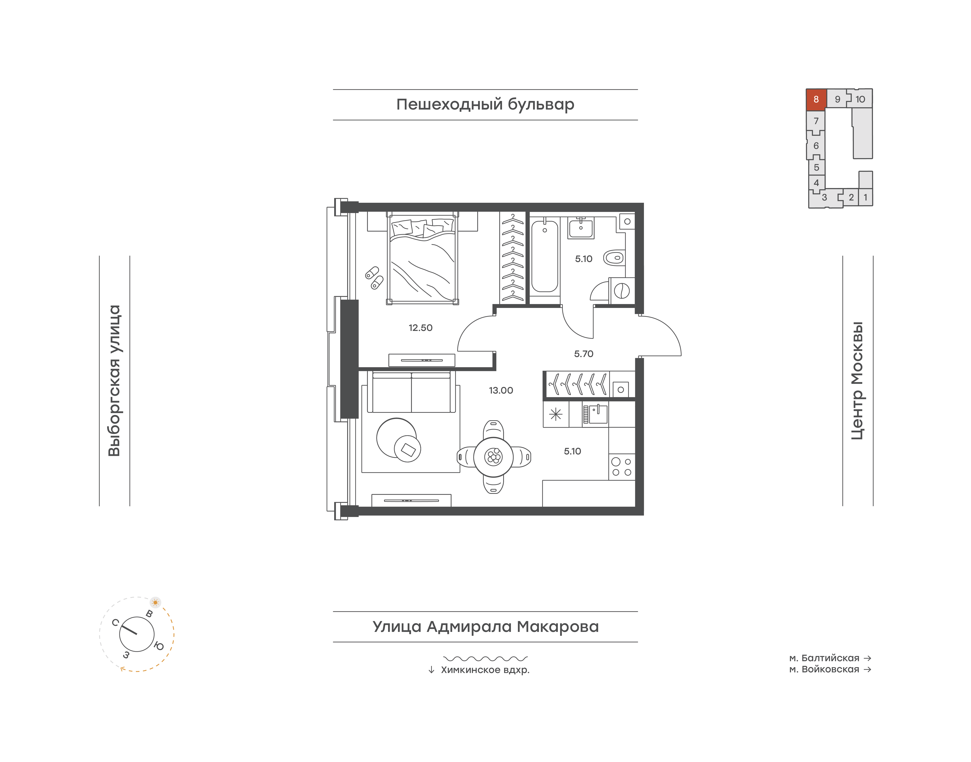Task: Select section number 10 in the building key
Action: [x=860, y=99]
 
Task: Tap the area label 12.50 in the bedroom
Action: [x=420, y=328]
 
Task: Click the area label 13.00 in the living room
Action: [x=501, y=390]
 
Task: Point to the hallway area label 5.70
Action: [x=584, y=354]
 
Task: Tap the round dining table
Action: [x=493, y=457]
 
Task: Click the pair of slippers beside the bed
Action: [x=374, y=278]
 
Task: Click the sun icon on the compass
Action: [x=155, y=602]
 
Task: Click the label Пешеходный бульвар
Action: [x=485, y=104]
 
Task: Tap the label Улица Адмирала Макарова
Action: [x=485, y=627]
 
